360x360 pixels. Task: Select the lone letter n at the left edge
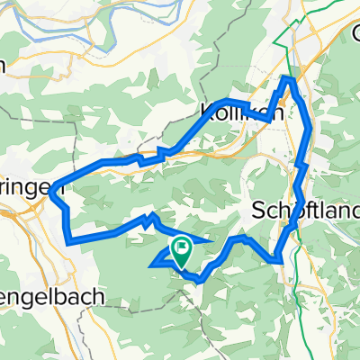3,65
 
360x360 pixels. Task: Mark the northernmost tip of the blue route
289,79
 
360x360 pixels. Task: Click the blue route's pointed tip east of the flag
212,242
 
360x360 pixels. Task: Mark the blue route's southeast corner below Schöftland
282,260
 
